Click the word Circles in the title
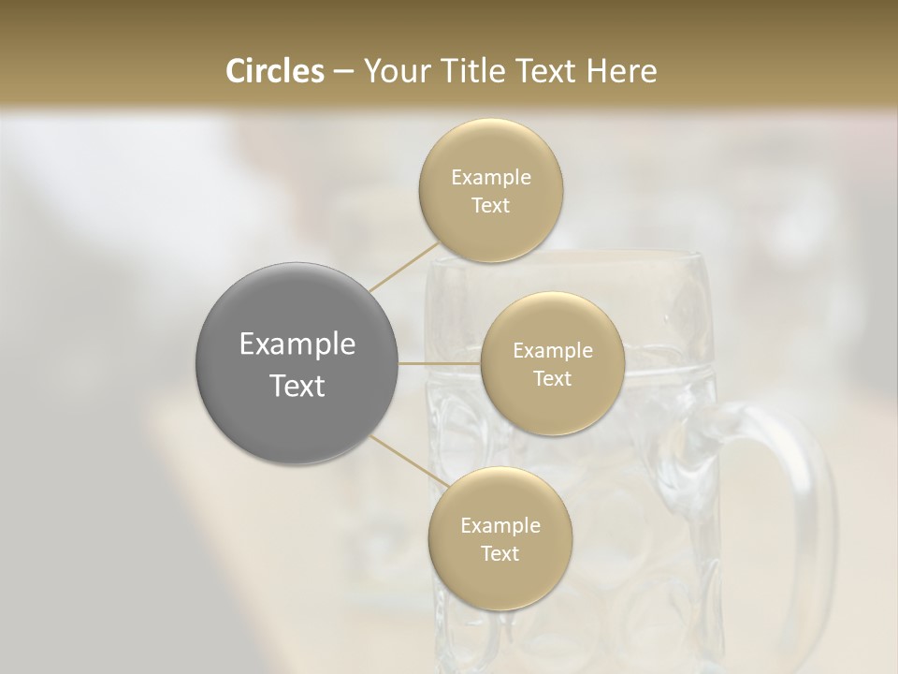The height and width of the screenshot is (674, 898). [273, 71]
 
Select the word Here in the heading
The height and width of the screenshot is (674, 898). [622, 71]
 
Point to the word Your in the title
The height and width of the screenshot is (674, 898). [395, 71]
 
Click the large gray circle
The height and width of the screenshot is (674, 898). [297, 363]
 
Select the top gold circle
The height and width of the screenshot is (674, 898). [490, 191]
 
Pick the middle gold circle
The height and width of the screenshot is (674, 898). [552, 364]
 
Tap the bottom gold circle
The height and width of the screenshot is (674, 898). [500, 539]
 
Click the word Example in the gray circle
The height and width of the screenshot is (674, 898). [297, 344]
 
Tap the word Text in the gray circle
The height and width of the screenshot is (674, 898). [297, 386]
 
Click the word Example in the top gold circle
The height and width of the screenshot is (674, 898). [490, 178]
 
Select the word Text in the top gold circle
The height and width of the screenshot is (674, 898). [490, 206]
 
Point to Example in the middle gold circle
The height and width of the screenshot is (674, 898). [552, 351]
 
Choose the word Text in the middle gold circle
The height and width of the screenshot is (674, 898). [552, 379]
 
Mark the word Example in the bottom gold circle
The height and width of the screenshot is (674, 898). [500, 526]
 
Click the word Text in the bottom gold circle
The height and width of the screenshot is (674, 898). [500, 554]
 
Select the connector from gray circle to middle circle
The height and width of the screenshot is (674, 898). [440, 363]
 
